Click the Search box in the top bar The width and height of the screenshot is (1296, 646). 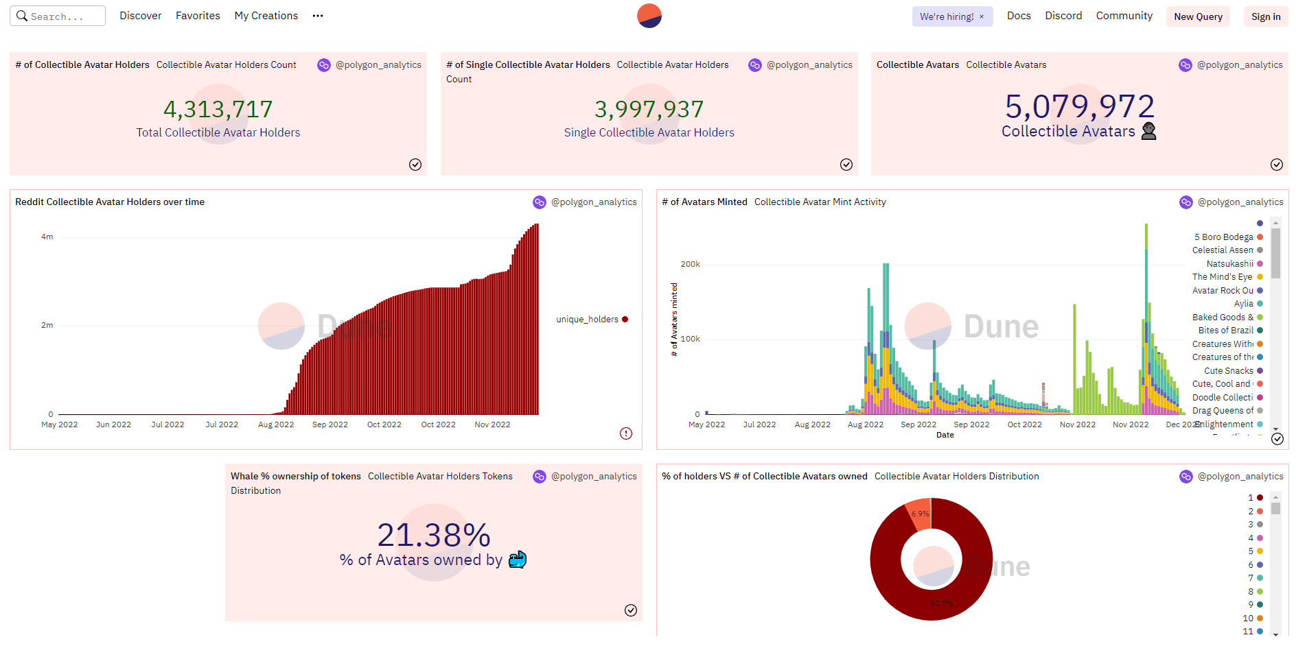point(58,16)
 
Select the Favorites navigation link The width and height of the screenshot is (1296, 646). point(198,16)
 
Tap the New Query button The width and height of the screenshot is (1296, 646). point(1198,16)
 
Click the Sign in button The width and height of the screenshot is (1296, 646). point(1265,16)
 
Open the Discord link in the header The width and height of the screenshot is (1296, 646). point(1063,16)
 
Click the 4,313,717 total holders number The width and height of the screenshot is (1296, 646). point(218,109)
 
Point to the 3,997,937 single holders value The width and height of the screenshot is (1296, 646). point(649,109)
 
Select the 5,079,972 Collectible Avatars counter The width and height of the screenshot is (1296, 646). point(1079,106)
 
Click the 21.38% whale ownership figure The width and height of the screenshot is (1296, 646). point(434,535)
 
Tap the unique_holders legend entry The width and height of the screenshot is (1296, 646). point(588,320)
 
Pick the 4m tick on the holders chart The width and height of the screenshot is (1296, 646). point(47,237)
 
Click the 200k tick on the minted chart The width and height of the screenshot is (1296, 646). point(690,264)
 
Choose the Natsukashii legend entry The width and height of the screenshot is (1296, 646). point(1229,264)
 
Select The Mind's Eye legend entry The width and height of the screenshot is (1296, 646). point(1223,277)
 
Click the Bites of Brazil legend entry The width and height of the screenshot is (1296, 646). point(1225,331)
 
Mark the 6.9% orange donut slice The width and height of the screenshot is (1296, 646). point(920,514)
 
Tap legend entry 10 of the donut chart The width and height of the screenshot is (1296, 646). point(1249,619)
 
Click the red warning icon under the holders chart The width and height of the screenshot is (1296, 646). point(626,433)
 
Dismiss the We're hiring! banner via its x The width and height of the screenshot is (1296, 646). point(982,16)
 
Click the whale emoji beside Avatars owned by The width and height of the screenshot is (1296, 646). point(518,560)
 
